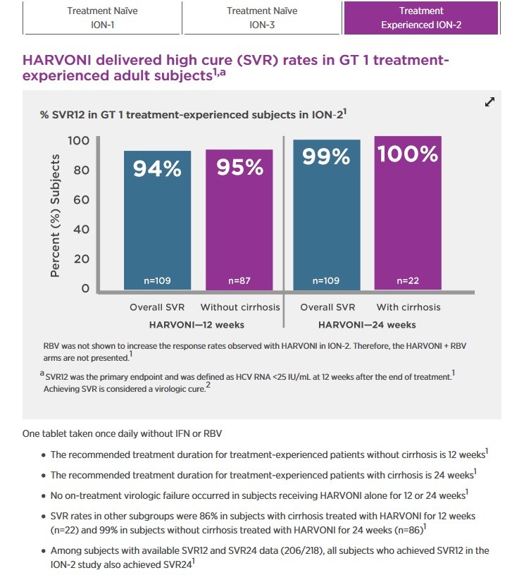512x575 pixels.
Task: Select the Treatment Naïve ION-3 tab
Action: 261,18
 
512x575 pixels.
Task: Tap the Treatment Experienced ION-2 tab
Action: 421,18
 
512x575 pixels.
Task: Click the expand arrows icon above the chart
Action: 490,101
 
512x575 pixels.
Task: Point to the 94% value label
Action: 158,169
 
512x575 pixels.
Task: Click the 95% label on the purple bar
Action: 239,168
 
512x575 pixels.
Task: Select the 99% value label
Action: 326,157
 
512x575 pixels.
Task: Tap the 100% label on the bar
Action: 408,154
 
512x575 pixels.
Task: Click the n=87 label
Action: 239,280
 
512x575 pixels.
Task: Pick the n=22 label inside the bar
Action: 408,280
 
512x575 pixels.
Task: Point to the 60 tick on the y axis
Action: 82,199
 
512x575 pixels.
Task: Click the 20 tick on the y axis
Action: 82,259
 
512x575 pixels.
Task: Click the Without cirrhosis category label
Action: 239,307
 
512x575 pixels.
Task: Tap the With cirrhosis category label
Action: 408,307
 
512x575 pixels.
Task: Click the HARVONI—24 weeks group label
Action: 367,325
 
